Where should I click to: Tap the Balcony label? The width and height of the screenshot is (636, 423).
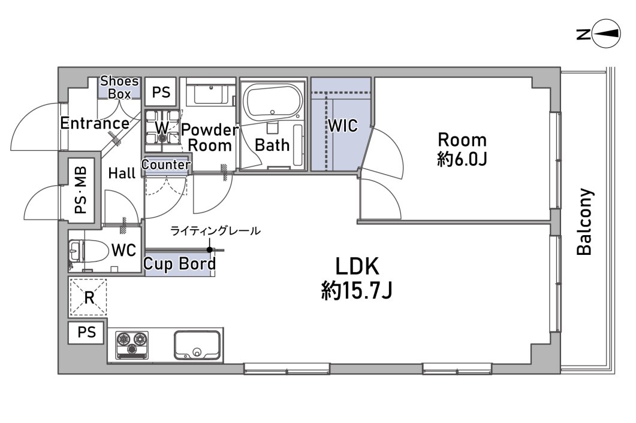(584, 221)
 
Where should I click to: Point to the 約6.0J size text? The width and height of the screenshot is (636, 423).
(462, 160)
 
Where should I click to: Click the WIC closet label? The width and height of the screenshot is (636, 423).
(343, 126)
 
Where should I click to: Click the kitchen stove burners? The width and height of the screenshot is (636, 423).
(132, 345)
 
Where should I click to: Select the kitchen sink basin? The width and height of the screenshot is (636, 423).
(197, 345)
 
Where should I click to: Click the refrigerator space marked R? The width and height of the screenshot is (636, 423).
(89, 297)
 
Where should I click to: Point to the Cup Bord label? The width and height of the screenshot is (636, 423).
(179, 264)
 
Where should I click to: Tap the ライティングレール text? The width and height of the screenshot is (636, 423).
(215, 231)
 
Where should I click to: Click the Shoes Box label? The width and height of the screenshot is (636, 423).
(119, 87)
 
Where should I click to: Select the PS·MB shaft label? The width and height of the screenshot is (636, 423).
(81, 191)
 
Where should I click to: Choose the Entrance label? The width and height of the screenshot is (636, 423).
(95, 123)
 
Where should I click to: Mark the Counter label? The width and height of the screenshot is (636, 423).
(166, 165)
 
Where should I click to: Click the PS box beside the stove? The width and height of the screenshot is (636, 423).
(87, 333)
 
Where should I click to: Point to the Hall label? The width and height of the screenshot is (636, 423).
(122, 174)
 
